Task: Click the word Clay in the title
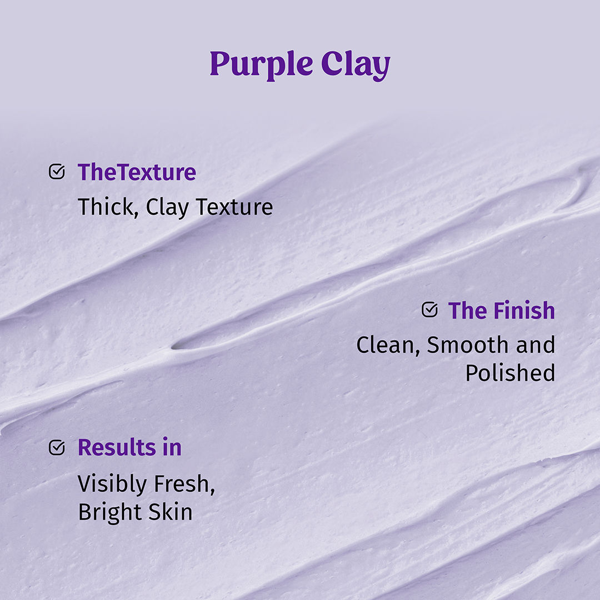pyautogui.click(x=356, y=66)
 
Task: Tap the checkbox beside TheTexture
pyautogui.click(x=57, y=172)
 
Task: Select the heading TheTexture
pyautogui.click(x=137, y=172)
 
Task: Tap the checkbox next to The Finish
pyautogui.click(x=429, y=309)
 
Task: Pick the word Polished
pyautogui.click(x=510, y=373)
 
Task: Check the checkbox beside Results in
pyautogui.click(x=57, y=447)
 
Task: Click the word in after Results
pyautogui.click(x=172, y=448)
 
